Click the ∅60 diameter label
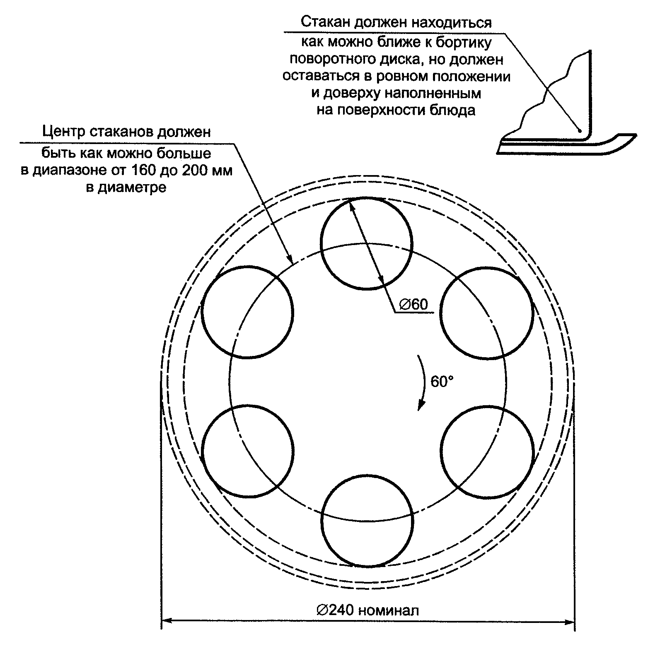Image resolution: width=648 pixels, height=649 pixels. point(413,305)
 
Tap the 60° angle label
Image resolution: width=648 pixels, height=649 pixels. point(442,381)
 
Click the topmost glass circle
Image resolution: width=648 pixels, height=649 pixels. point(367,244)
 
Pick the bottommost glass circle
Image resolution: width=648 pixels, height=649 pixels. point(367,521)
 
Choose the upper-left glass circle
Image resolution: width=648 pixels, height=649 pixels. point(247,311)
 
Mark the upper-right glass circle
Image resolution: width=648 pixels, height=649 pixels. point(486,312)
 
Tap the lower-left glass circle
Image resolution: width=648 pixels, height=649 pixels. point(247,451)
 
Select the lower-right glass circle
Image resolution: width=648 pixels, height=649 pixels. point(487,451)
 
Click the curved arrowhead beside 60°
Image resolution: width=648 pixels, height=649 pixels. point(421,406)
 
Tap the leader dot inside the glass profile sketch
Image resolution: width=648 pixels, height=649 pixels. point(580,131)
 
